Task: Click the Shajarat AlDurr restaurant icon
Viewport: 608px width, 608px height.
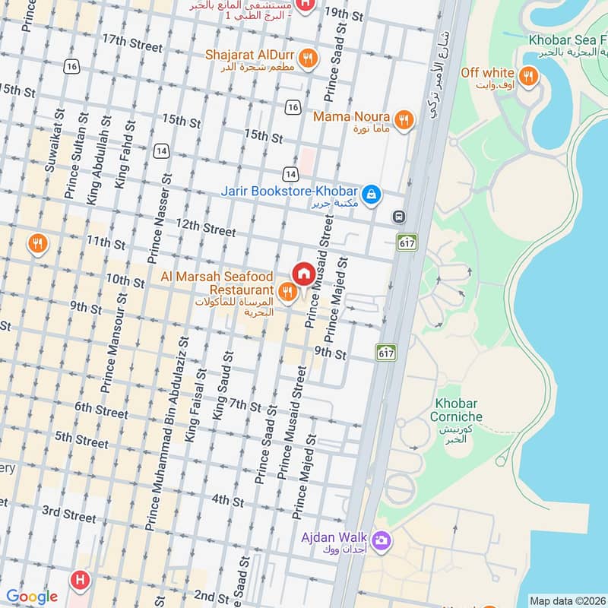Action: pos(307,58)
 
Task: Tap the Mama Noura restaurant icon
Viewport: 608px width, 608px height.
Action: pos(404,119)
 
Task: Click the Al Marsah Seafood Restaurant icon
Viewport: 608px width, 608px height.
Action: pos(287,291)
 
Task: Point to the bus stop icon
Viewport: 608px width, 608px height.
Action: pos(399,217)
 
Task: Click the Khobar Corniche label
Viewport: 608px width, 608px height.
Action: pos(456,410)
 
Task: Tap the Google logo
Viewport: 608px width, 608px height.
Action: pos(32,597)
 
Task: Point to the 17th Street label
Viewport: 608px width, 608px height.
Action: pos(131,43)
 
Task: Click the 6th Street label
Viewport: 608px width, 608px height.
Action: pos(101,410)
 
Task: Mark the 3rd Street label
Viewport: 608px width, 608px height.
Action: pos(69,514)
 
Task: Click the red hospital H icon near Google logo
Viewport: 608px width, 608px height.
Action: pos(78,580)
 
